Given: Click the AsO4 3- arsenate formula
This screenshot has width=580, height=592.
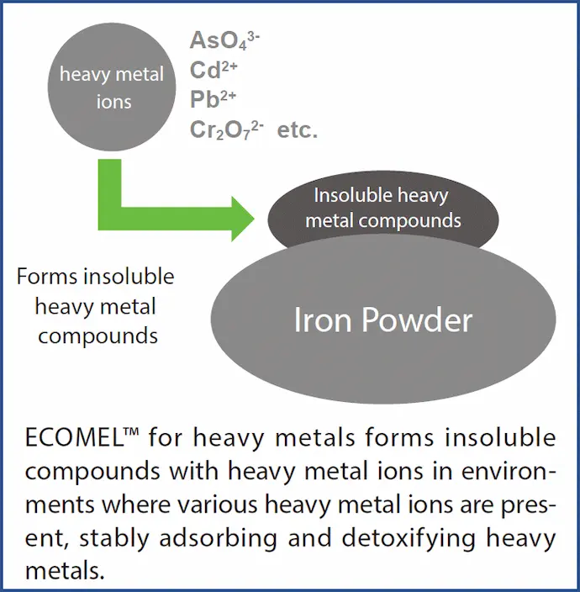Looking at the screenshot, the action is point(224,40).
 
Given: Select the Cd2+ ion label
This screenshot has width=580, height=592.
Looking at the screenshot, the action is point(214,70).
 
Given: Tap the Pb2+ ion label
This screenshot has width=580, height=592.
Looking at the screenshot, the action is point(213,99).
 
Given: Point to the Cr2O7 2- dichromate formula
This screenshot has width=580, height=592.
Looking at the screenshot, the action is point(226,129).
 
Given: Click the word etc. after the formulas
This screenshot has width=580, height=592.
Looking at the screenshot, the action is point(298,130).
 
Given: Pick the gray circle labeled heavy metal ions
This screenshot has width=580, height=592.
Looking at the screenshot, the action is point(112,87).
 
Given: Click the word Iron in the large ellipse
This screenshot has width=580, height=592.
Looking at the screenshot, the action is point(323,320).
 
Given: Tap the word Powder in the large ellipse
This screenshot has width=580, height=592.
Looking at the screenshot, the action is point(417,320).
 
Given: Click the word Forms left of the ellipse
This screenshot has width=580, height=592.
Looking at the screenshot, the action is point(47,277).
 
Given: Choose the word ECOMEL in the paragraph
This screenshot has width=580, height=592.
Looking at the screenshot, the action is point(74,438).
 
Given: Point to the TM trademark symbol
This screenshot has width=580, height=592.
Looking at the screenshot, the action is point(131,432).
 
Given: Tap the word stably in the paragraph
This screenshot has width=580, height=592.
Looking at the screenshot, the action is point(114,539).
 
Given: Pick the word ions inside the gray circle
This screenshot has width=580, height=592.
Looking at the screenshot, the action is point(114,102).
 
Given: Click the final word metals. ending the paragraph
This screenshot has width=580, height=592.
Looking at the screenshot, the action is point(65,570).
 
